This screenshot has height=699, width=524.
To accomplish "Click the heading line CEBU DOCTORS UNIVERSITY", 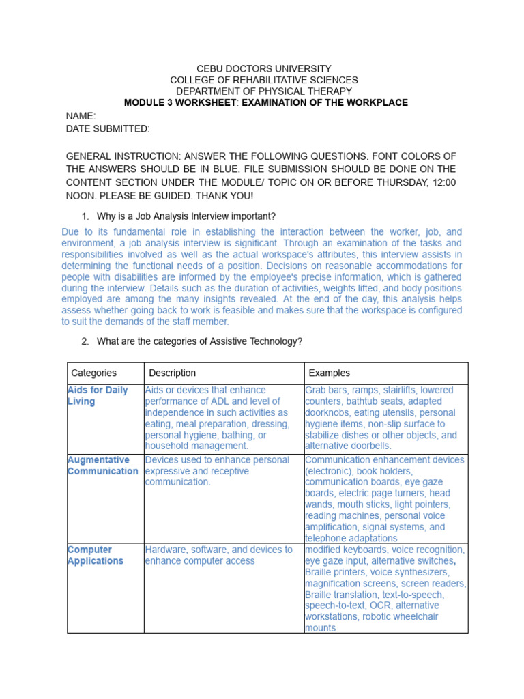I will pos(264,69).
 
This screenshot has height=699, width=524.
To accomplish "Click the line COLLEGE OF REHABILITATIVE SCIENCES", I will pos(264,80).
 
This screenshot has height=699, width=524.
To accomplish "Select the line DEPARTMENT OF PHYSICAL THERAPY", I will pos(264,91).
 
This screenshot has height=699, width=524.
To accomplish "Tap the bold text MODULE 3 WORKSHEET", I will pos(177,103).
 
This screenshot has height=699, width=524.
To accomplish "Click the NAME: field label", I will pos(81,117).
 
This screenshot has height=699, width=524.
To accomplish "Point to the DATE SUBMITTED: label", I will pos(108,128).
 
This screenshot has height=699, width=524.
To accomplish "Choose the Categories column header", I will pos(94,373).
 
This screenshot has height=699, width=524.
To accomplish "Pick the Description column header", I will pos(173,373).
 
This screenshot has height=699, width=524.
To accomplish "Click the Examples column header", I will pos(330,373).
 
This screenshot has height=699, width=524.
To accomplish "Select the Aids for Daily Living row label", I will pos(98,396).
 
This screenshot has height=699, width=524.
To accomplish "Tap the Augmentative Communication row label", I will pos(102,466).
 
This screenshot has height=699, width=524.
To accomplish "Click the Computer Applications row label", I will pos(96,555).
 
